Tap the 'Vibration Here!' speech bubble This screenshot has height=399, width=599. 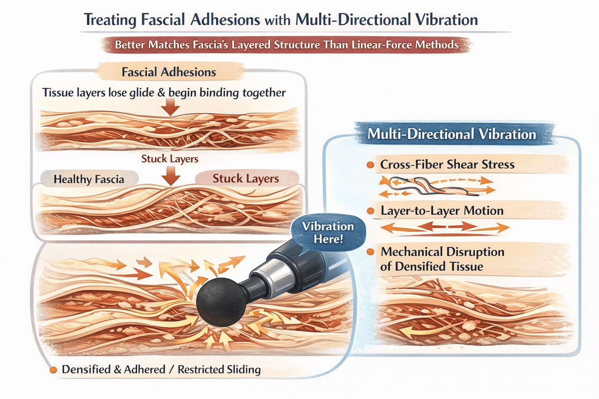point(328,233)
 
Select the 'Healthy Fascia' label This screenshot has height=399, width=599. point(89,179)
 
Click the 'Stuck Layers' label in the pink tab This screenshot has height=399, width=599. point(246,178)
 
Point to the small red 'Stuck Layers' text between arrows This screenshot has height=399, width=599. point(170,159)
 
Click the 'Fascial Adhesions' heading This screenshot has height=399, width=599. point(168,72)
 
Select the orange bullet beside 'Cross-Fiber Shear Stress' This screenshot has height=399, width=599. point(370,165)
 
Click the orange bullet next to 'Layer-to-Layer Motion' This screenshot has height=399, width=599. point(370,211)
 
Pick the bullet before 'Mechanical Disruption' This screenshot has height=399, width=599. point(370,252)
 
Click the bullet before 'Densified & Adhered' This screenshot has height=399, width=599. point(53,370)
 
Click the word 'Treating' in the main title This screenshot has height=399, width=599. point(110,19)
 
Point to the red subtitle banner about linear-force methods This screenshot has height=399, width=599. point(287,45)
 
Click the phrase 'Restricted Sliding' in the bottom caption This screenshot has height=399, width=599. point(219,369)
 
